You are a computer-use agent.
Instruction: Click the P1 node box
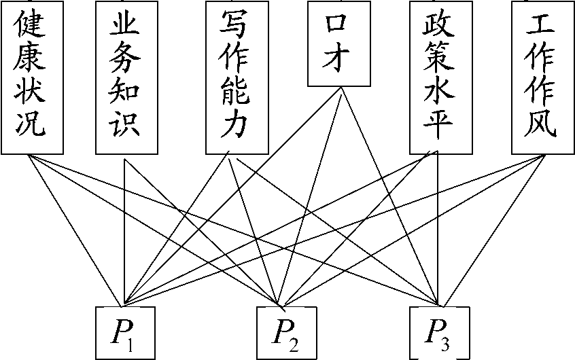(126, 333)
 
